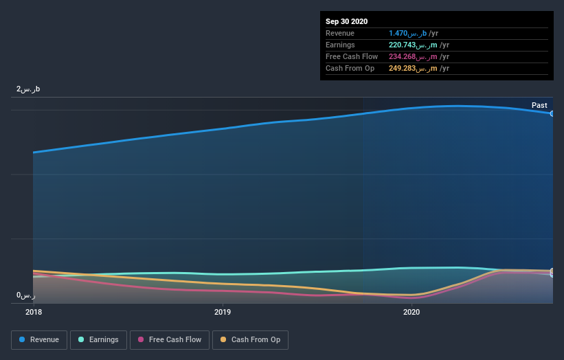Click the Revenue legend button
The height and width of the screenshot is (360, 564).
click(39, 339)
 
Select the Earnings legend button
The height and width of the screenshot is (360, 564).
click(98, 339)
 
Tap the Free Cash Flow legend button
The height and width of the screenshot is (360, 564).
click(169, 339)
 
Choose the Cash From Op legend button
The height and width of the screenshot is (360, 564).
click(250, 339)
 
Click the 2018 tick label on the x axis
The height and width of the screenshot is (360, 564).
click(33, 312)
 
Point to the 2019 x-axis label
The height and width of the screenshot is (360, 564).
click(223, 312)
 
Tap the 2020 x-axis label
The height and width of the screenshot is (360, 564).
click(411, 312)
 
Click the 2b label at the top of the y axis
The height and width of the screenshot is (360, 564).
click(28, 89)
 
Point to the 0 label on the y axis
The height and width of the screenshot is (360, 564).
click(25, 295)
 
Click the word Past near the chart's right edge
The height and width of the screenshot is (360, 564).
click(539, 105)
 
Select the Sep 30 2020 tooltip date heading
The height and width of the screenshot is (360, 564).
click(346, 21)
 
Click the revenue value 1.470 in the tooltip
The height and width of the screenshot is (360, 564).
click(398, 33)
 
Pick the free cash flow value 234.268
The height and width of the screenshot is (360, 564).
click(403, 56)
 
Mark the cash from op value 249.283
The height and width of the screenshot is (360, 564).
click(403, 68)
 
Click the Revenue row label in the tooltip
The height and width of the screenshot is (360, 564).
click(341, 33)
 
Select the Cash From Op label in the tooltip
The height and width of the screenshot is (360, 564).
click(350, 68)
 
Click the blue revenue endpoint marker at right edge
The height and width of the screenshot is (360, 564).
click(552, 113)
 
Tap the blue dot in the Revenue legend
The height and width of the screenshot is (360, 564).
click(23, 339)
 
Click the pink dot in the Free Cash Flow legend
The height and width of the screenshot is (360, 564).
click(141, 339)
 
